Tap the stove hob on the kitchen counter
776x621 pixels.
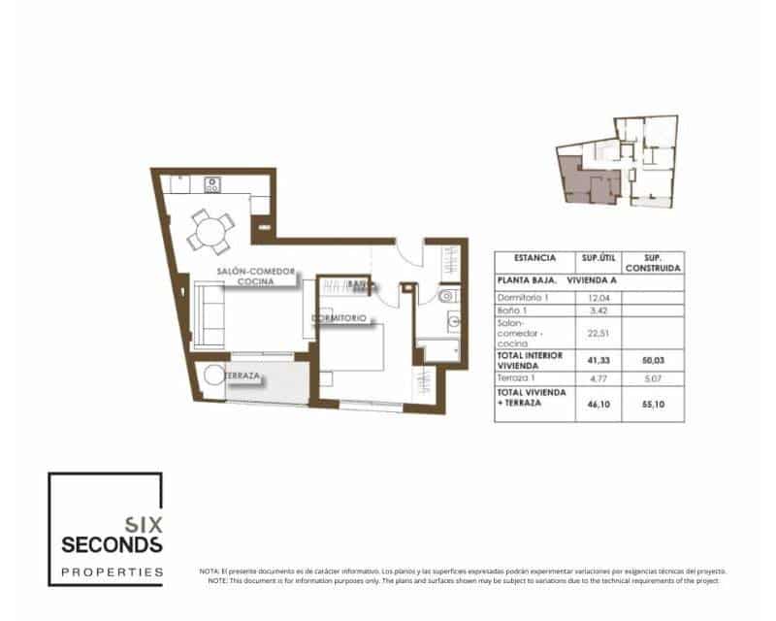[211, 183]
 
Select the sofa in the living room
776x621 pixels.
[207, 314]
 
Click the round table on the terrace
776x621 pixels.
[212, 376]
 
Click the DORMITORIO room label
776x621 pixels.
[339, 318]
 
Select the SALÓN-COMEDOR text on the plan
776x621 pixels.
[247, 271]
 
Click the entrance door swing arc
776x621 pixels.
[410, 253]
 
